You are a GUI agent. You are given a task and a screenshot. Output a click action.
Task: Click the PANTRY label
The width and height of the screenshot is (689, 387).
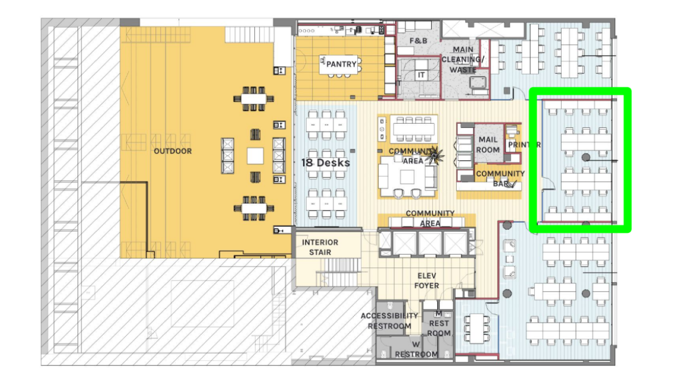(341, 64)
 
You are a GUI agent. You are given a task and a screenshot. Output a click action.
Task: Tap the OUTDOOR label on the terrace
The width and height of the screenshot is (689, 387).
(173, 151)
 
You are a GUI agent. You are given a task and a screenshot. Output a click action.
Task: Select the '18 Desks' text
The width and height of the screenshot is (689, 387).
(326, 163)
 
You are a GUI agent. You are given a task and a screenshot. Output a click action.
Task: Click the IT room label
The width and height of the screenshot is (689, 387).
(422, 75)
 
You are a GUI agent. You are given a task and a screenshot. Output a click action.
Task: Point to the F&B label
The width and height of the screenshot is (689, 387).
(418, 41)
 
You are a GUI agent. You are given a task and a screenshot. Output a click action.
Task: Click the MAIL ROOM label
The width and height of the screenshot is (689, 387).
(488, 145)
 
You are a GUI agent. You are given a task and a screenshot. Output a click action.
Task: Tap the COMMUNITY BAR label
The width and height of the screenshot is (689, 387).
(500, 179)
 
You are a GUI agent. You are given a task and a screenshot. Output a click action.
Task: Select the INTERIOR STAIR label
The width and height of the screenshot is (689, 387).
(320, 247)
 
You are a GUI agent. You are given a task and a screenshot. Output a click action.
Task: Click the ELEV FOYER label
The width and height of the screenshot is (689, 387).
(426, 280)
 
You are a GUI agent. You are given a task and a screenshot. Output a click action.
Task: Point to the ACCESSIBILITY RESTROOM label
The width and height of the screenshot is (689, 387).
(389, 321)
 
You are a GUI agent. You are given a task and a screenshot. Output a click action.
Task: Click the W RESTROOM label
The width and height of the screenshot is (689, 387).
(416, 349)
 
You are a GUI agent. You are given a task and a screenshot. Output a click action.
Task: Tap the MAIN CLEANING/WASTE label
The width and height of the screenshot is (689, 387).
(463, 60)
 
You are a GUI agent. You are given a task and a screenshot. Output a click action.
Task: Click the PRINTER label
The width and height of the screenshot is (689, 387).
(524, 145)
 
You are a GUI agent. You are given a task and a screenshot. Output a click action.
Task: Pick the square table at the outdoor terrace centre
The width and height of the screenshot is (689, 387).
(255, 156)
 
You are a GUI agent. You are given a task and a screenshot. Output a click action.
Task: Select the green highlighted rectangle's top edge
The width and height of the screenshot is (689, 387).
(581, 90)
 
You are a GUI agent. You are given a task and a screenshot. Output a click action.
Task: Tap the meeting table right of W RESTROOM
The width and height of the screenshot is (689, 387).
(477, 328)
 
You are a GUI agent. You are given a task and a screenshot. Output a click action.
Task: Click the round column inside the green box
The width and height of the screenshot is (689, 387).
(586, 157)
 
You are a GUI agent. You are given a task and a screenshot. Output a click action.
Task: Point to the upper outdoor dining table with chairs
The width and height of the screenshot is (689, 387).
(254, 98)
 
